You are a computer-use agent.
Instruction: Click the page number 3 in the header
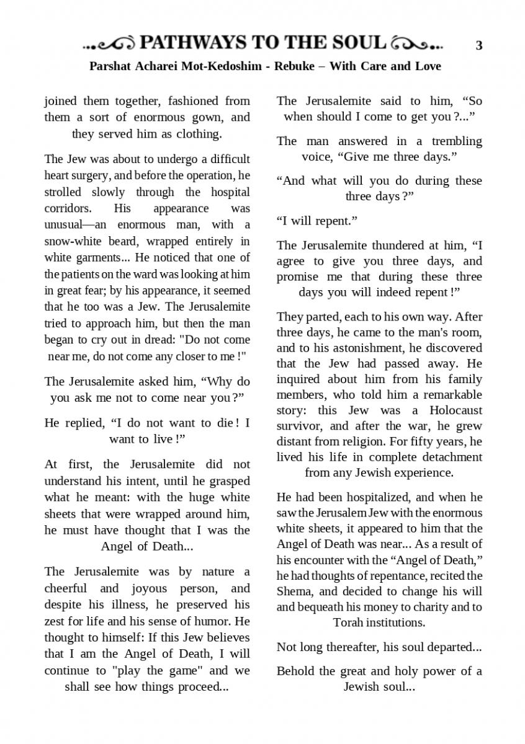[478, 45]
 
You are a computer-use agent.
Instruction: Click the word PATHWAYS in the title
[192, 43]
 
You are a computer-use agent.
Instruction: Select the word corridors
[68, 208]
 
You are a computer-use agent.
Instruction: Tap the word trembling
[455, 141]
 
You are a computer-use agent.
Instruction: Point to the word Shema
[295, 591]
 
